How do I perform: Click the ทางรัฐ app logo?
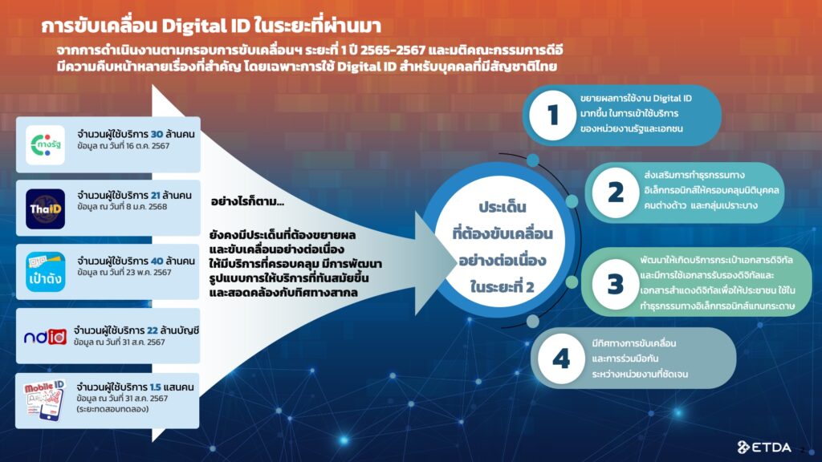(45, 145)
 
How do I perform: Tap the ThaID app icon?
(45, 209)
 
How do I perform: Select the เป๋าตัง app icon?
(46, 272)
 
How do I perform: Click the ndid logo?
(45, 337)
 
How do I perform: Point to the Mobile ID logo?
(45, 399)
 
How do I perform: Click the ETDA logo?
(764, 447)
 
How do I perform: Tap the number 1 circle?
(552, 115)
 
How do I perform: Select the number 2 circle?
(616, 192)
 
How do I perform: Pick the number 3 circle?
(615, 284)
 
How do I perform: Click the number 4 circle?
(561, 359)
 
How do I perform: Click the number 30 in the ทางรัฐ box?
(157, 134)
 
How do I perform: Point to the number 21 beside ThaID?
(155, 196)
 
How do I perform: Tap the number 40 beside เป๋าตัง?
(157, 261)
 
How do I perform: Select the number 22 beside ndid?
(153, 330)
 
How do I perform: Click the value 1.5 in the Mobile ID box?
(155, 387)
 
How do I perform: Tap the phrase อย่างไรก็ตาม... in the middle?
(247, 201)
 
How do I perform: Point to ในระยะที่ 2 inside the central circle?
(503, 287)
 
